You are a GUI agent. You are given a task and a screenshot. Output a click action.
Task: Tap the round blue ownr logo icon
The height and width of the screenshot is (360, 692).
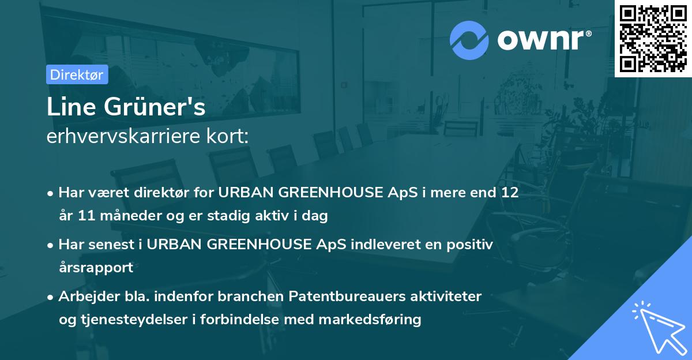469,40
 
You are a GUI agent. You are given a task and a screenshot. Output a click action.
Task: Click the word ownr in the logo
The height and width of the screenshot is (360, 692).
543,40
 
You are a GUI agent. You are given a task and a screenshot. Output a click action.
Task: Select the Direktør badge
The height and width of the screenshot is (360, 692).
77,74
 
